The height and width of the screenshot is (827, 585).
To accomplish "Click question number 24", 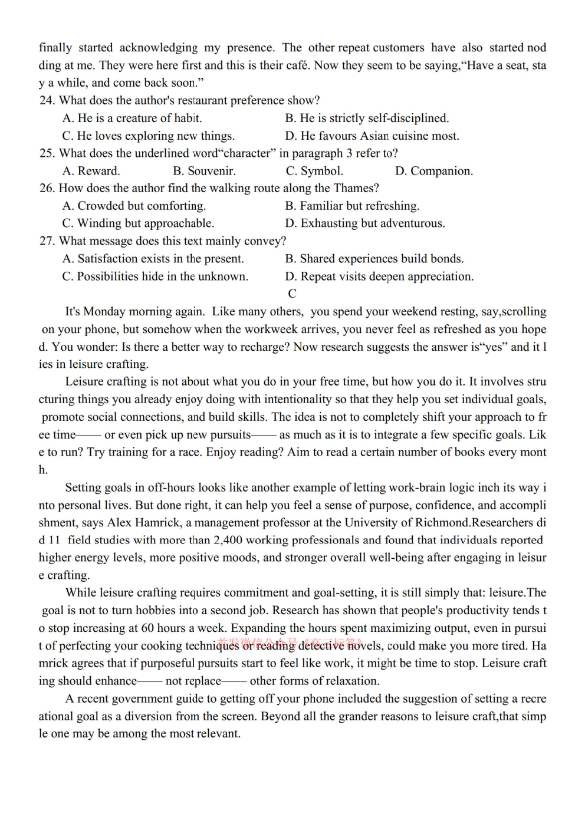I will point(47,101).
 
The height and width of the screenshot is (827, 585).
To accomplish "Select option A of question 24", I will point(133,118).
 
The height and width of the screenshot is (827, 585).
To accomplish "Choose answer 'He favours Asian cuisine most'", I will point(372,136).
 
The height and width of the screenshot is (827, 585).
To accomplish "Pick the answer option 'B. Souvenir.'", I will point(204,171).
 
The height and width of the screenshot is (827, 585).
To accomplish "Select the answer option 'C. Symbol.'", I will point(314,171).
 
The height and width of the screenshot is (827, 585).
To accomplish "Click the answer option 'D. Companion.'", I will point(434,171).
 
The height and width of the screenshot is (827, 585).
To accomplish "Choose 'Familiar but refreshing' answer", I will point(352,206).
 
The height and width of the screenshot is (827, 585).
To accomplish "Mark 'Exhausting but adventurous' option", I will point(365,223).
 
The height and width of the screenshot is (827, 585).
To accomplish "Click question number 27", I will point(47,241).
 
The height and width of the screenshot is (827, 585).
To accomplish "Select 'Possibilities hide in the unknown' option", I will point(155,276).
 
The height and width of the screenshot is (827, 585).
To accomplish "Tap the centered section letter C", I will point(292,294).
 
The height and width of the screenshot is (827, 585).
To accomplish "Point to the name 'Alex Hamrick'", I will point(144,523).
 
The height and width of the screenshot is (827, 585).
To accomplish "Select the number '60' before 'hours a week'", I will point(147,628).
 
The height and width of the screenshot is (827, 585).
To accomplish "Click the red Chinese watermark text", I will point(289,643).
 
